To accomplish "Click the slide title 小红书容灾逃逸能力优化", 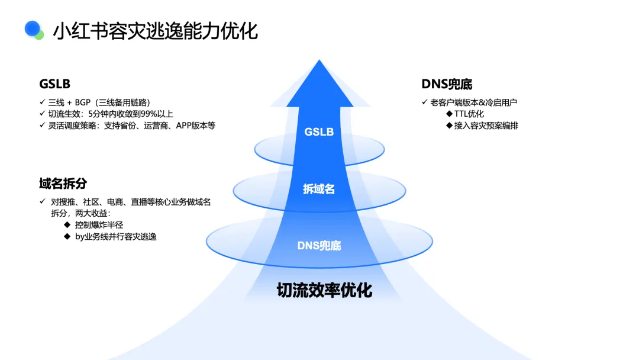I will (x=155, y=31).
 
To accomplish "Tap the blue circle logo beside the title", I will (x=33, y=29).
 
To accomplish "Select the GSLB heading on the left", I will (x=55, y=84).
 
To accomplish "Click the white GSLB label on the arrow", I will (x=319, y=131).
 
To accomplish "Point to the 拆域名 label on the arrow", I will (x=319, y=189).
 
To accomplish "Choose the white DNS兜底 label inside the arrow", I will (x=319, y=245).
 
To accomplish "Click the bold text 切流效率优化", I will (x=324, y=290).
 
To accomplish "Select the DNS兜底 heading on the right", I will (x=447, y=84).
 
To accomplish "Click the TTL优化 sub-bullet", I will (x=469, y=114).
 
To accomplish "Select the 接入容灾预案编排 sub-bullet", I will (x=486, y=126).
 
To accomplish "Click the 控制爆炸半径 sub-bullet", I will (x=99, y=224).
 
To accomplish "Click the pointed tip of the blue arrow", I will (x=319, y=61).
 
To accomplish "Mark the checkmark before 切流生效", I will (x=43, y=114).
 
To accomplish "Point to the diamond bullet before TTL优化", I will (x=450, y=114).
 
